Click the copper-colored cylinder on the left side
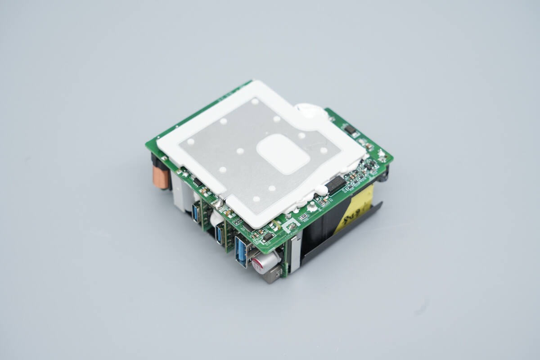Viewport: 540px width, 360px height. [161, 177]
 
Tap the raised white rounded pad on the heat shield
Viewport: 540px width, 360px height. [283, 154]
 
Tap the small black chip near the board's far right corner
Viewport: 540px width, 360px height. [350, 130]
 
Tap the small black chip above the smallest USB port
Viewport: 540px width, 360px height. [197, 182]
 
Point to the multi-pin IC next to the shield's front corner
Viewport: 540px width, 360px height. [249, 228]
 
